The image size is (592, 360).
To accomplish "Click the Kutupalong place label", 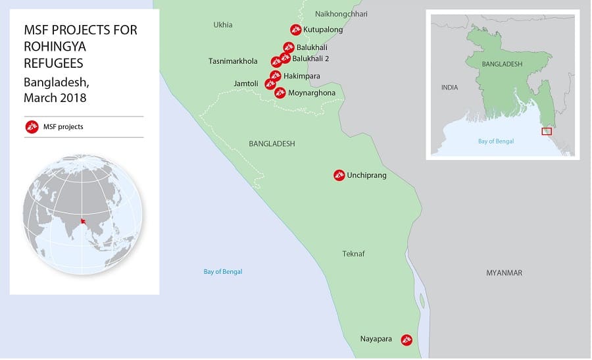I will (x=323, y=30).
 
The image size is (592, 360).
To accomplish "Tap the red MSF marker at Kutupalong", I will (x=295, y=30).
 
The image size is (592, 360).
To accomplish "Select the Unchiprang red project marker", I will (x=339, y=175).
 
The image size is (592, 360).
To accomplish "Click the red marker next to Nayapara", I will (x=407, y=340).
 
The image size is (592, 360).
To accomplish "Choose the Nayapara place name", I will (x=376, y=340).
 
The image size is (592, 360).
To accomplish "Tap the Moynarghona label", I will (x=312, y=93).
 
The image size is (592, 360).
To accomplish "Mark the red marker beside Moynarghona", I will (x=280, y=93).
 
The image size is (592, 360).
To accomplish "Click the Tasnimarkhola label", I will (x=233, y=61).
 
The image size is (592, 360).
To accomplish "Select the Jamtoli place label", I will (x=247, y=84).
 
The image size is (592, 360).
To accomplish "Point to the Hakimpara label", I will (x=302, y=76).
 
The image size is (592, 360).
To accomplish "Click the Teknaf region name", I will (x=353, y=254).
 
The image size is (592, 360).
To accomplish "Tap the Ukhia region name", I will (x=223, y=25).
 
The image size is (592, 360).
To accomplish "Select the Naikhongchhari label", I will (x=341, y=14).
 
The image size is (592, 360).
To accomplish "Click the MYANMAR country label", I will (x=504, y=273).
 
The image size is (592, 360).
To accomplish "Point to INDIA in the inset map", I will (x=450, y=87).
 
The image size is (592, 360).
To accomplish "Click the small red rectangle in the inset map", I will (x=547, y=131).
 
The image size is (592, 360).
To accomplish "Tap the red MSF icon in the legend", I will (x=30, y=126).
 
